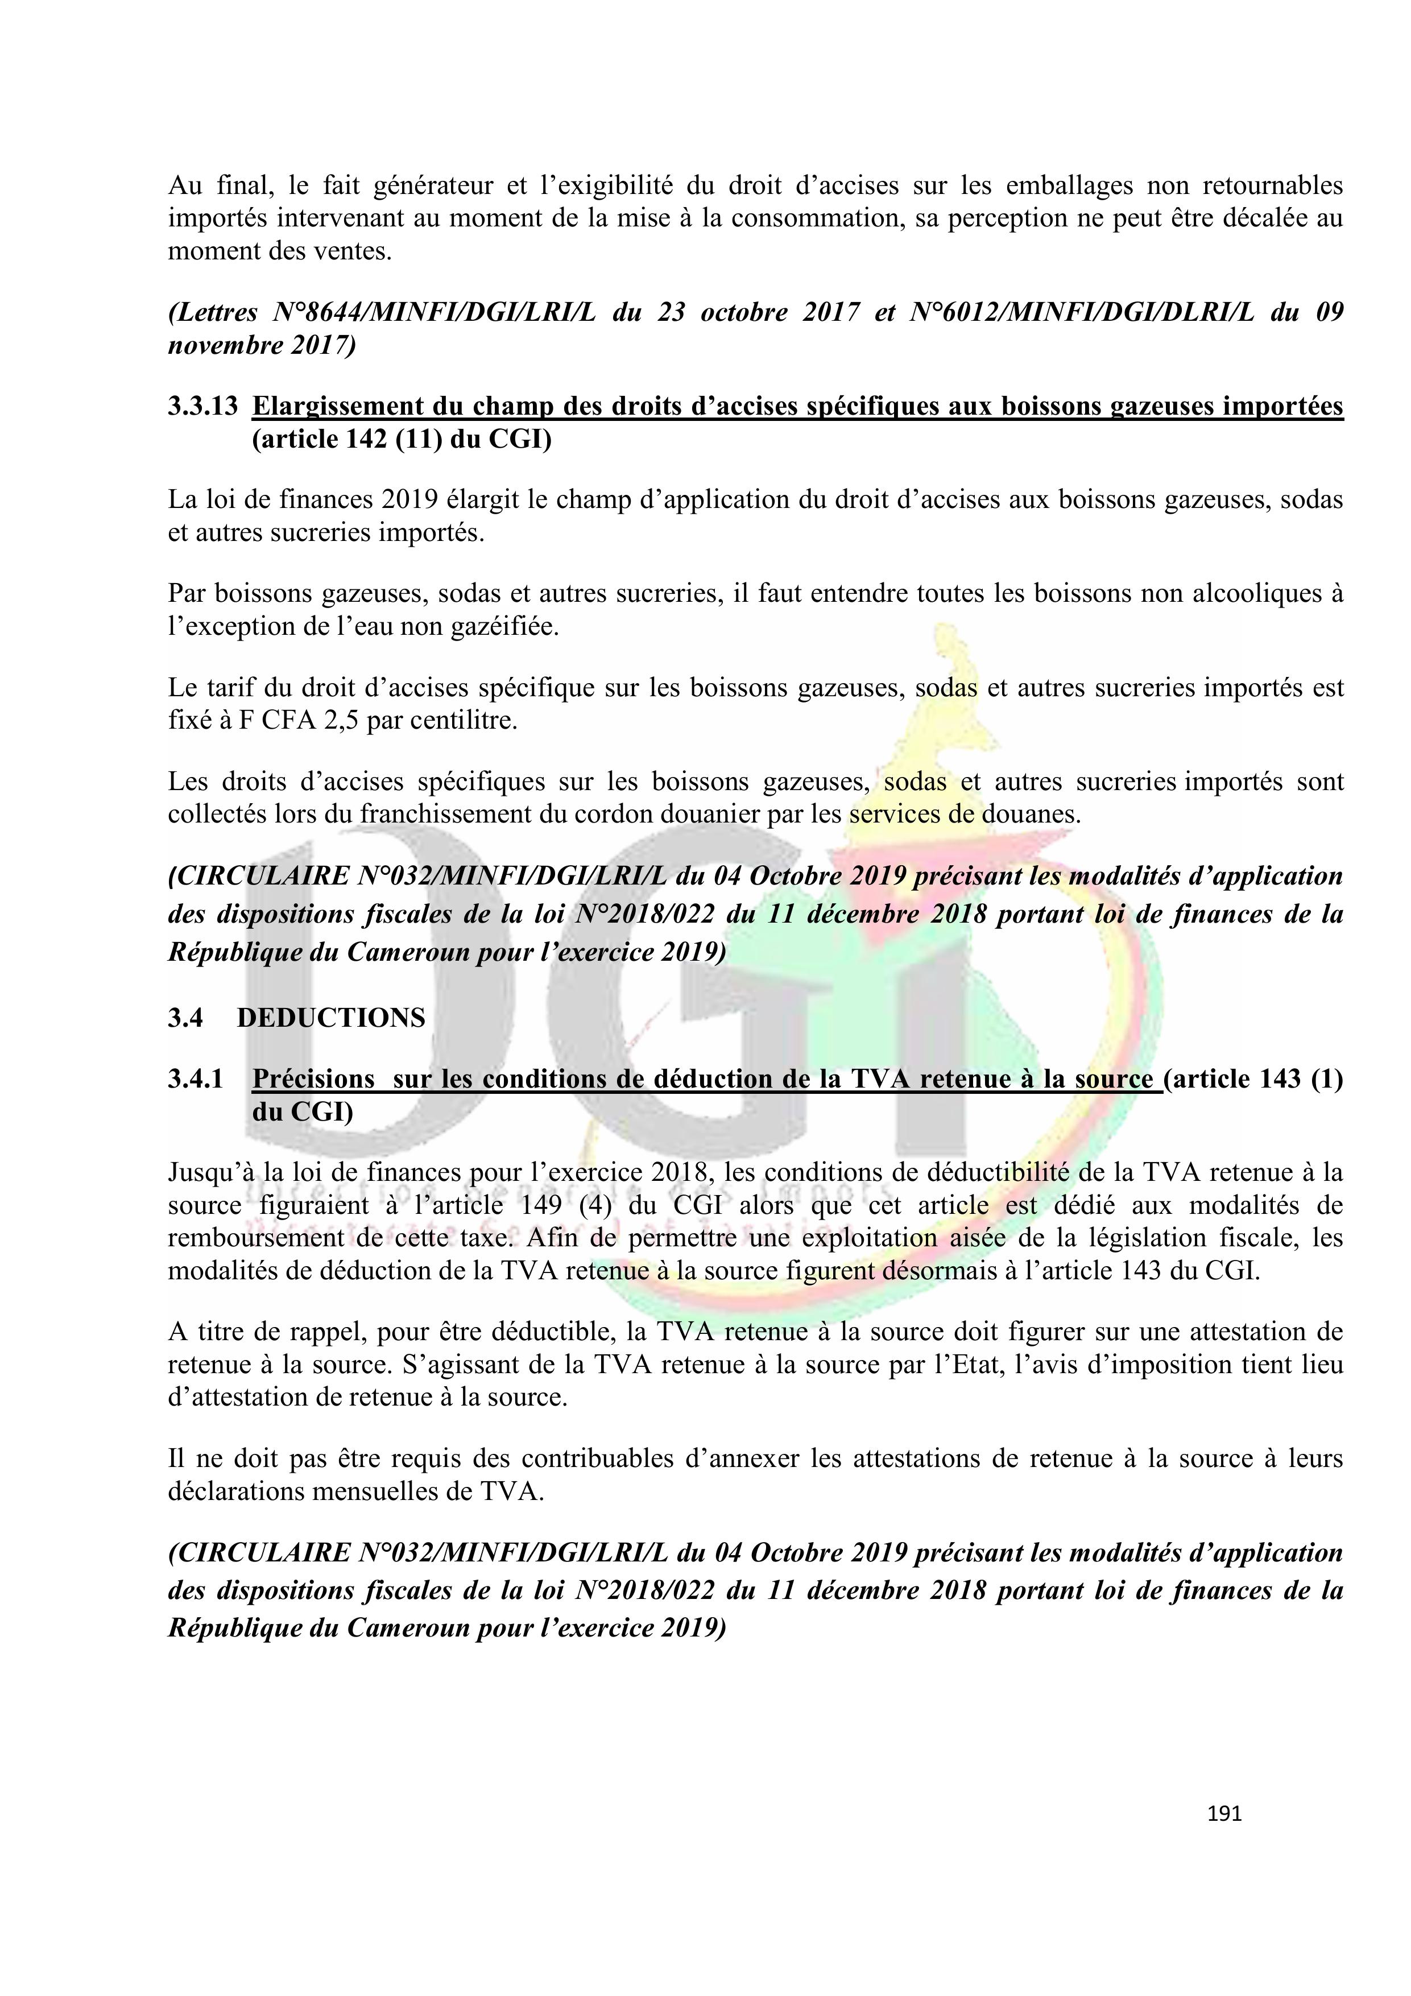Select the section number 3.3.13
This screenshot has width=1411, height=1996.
[x=202, y=406]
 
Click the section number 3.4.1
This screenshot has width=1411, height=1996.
[x=196, y=1079]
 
